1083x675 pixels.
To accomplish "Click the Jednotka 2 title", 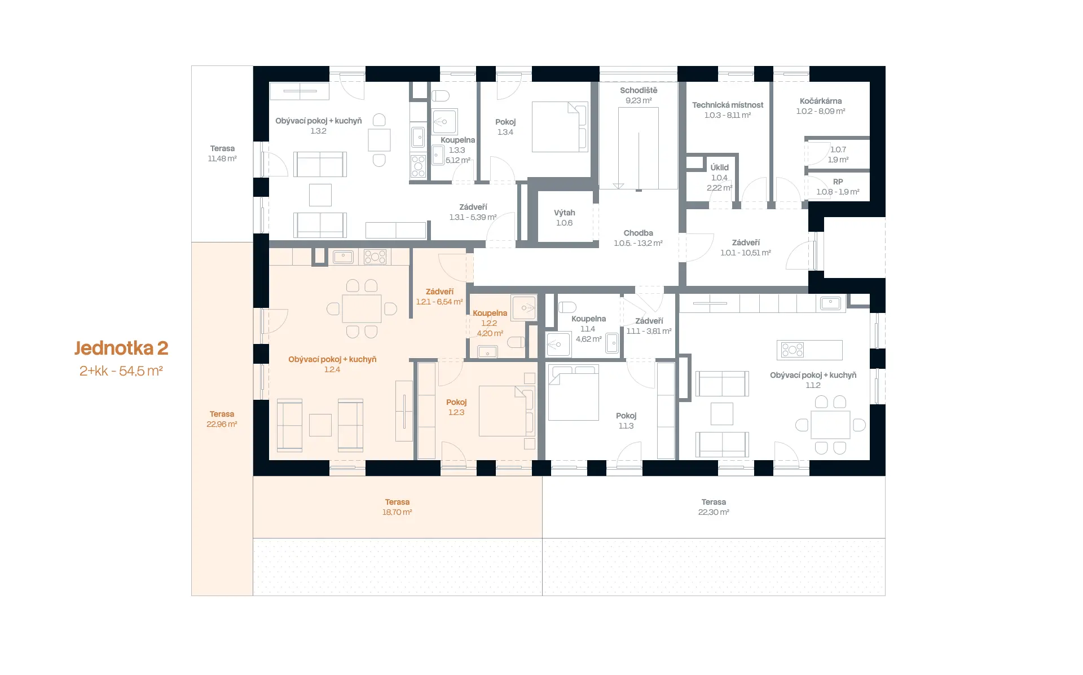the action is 121,348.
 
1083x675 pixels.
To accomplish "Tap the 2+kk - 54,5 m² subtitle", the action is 121,371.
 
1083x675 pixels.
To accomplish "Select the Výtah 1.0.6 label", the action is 564,218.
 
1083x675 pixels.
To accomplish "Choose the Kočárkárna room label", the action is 821,106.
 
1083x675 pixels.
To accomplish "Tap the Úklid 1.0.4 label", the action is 720,178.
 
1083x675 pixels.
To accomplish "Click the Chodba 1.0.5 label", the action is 639,238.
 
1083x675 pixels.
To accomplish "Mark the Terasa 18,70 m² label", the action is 397,507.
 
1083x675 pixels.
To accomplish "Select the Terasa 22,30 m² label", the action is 714,507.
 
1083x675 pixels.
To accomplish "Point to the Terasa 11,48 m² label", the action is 222,153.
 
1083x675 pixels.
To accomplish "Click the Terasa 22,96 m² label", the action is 222,419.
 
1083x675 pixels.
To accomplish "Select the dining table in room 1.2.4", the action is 362,308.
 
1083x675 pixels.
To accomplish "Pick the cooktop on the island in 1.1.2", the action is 793,350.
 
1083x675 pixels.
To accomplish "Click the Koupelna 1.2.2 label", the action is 490,323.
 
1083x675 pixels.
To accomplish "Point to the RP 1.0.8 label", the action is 838,187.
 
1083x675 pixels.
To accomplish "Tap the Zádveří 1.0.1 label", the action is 746,248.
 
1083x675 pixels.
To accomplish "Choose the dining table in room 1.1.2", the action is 830,425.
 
